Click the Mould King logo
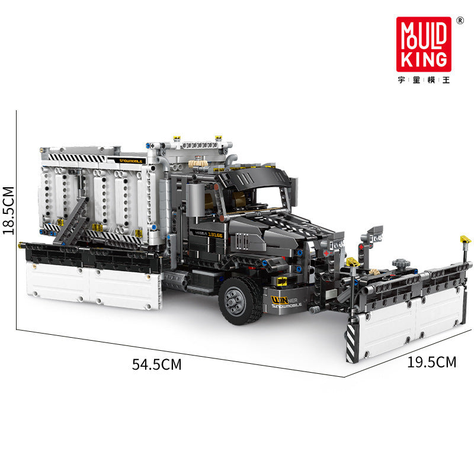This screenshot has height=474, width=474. (x=424, y=44)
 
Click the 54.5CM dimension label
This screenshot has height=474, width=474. (x=156, y=364)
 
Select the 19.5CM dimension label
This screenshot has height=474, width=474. (x=431, y=362)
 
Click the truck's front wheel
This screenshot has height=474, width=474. (x=239, y=299)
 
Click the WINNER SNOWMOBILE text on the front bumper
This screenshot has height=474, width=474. (x=287, y=302)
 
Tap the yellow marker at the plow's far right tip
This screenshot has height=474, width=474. (x=465, y=240)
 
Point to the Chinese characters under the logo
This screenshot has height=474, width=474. (x=424, y=81)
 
